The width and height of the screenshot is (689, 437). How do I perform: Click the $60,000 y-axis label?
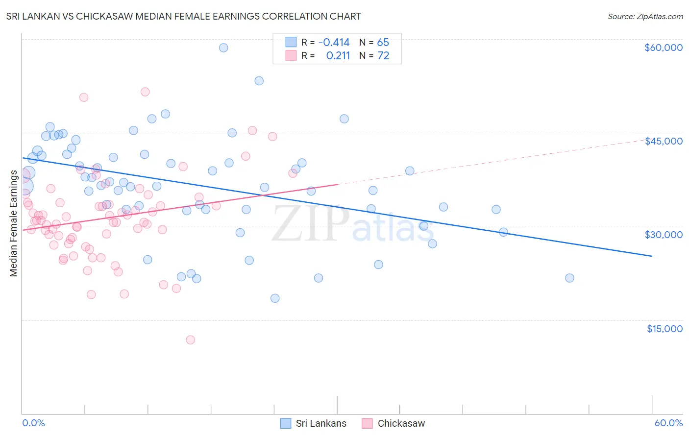(663, 48)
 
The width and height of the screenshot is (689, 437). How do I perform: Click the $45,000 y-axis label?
(663, 141)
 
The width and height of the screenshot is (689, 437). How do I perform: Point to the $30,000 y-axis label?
(663, 235)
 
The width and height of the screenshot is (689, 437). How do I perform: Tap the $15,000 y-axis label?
(664, 329)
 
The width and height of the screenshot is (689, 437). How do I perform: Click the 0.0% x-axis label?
(33, 423)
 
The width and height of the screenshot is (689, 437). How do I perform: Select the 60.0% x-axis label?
(668, 423)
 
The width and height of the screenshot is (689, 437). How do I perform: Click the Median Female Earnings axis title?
(14, 223)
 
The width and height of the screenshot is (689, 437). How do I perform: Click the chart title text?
(183, 16)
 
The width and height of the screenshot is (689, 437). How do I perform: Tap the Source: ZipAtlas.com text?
(645, 16)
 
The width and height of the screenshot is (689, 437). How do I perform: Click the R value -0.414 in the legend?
(334, 42)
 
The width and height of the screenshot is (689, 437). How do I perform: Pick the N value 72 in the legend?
(383, 55)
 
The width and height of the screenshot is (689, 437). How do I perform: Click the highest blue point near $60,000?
(223, 48)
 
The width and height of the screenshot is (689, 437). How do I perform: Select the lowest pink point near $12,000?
(191, 340)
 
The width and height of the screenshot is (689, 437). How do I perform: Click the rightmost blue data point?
(569, 278)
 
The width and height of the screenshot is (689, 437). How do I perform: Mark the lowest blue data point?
(275, 298)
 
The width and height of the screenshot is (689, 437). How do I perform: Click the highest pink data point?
(145, 92)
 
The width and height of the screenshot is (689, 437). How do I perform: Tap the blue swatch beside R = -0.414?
(291, 42)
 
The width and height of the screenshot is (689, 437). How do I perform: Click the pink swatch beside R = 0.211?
(291, 55)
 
